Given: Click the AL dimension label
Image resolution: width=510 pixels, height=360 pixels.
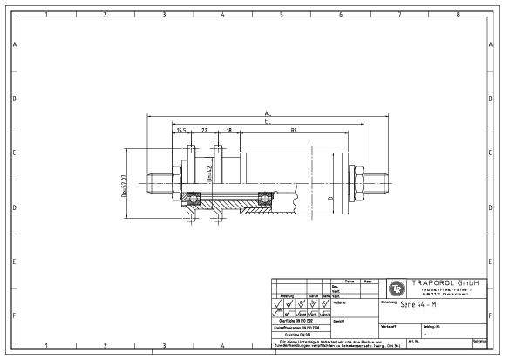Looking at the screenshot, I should (265, 113).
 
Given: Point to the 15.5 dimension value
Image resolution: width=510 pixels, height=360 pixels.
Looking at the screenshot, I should (181, 131).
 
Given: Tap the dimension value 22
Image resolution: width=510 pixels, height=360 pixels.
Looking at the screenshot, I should (204, 131).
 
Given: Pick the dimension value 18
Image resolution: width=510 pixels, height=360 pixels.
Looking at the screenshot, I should (228, 131).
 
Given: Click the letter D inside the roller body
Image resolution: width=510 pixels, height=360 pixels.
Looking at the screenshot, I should (328, 199).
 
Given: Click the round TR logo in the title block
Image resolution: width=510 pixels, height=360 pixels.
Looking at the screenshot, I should (396, 288).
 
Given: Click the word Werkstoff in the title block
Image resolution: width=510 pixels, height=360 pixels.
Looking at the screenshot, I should (390, 323).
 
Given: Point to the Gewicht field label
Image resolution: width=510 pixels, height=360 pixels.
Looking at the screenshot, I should (340, 322).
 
